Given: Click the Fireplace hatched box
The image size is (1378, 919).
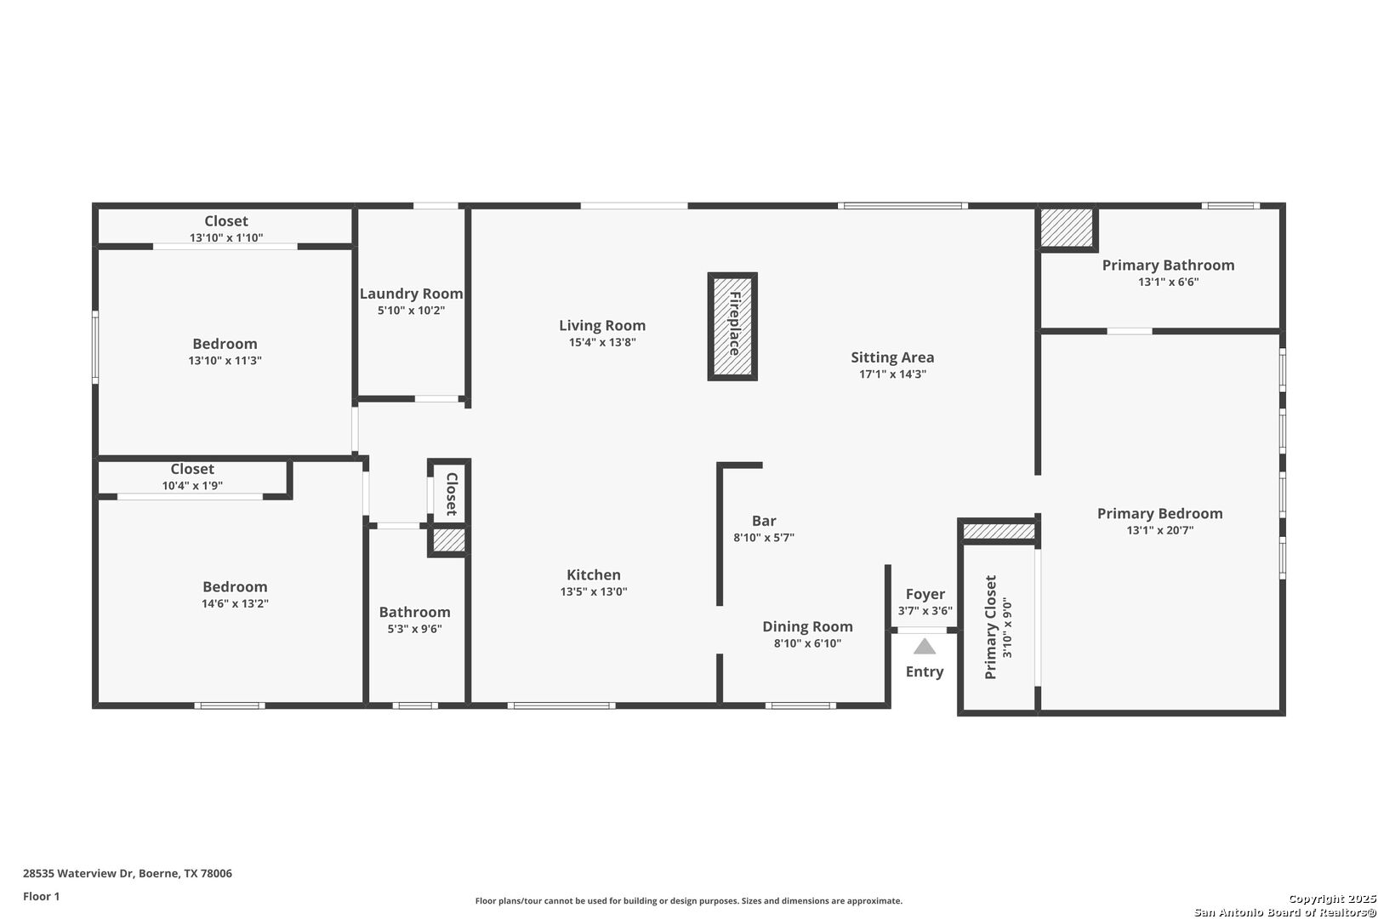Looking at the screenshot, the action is click(x=732, y=326).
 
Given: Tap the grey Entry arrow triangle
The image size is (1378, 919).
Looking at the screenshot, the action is click(x=924, y=647).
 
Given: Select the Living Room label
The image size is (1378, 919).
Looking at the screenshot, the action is click(x=602, y=325).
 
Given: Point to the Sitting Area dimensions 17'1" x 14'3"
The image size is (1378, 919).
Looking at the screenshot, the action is click(x=892, y=374).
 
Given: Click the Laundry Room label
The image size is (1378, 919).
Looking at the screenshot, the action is click(x=411, y=294).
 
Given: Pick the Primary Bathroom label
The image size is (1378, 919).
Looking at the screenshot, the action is click(x=1168, y=265).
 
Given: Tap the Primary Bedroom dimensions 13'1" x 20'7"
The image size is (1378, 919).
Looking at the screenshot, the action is click(x=1159, y=530).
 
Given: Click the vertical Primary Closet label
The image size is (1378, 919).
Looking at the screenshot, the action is click(x=990, y=627).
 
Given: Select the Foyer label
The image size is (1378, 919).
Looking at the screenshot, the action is click(x=925, y=594).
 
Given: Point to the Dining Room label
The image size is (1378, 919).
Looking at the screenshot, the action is click(x=808, y=626).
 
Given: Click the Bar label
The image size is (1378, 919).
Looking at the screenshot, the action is click(x=764, y=521).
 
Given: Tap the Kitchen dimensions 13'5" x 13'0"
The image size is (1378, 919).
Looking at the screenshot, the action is click(x=594, y=591).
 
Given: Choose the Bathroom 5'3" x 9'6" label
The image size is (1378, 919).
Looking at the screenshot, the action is click(x=414, y=612).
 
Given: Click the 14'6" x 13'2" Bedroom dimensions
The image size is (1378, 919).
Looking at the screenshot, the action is click(x=235, y=603).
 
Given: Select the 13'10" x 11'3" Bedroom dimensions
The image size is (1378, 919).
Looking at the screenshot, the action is click(x=225, y=360).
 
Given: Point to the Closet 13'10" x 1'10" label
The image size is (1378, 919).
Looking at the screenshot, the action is click(x=226, y=221).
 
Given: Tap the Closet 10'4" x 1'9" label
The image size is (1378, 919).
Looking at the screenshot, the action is click(x=192, y=469).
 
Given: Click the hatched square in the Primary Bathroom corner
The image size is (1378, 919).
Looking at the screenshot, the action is click(x=1067, y=228).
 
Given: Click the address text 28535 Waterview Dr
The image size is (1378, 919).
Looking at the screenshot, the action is click(x=79, y=873).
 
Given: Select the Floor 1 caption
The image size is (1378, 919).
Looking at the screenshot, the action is click(x=41, y=896).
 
